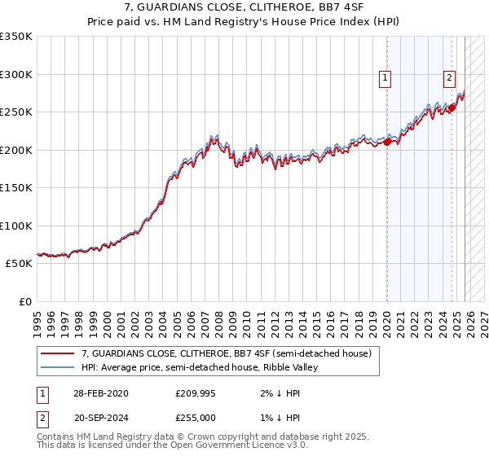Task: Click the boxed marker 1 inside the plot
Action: [x=385, y=78]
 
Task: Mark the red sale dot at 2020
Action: [x=387, y=142]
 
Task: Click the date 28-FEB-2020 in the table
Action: [x=100, y=393]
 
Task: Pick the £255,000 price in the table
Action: [x=196, y=416]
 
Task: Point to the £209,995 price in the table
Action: [x=196, y=393]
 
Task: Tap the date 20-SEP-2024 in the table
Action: [x=100, y=416]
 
